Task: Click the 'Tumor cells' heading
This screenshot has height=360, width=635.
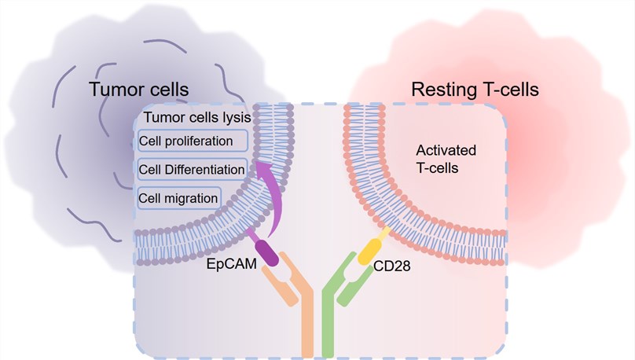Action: click(x=139, y=90)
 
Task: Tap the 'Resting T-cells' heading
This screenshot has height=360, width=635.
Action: click(x=475, y=90)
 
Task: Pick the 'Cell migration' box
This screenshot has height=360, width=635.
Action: click(x=178, y=197)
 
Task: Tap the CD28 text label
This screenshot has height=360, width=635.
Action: click(x=392, y=267)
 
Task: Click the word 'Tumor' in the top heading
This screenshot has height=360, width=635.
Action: click(x=115, y=90)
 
